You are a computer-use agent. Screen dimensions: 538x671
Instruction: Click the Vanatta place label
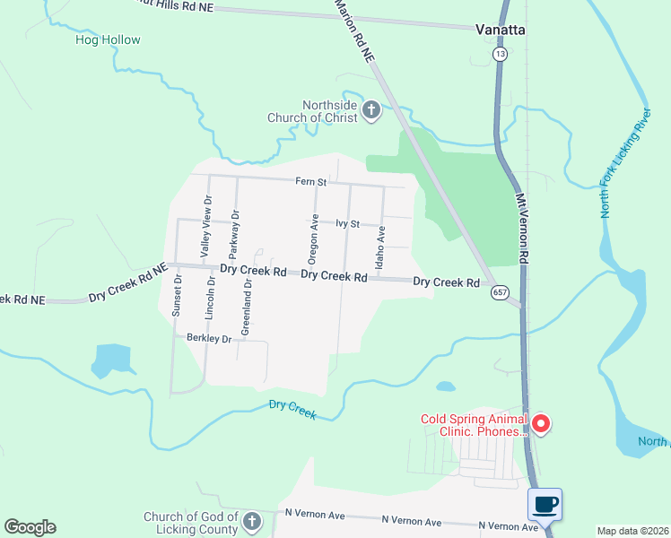500,30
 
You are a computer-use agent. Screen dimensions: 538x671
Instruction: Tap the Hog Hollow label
108,39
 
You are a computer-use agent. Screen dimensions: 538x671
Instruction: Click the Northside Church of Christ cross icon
371,111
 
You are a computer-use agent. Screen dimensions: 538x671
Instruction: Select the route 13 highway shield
499,55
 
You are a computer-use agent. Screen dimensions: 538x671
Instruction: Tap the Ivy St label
347,223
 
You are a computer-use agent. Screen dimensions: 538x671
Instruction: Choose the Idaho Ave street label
381,244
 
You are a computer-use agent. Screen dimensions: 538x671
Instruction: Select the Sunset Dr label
178,297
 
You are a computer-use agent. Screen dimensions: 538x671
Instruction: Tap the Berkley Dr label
210,338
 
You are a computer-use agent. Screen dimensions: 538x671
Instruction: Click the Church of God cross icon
252,520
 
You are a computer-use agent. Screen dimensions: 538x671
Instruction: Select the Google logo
30,526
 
